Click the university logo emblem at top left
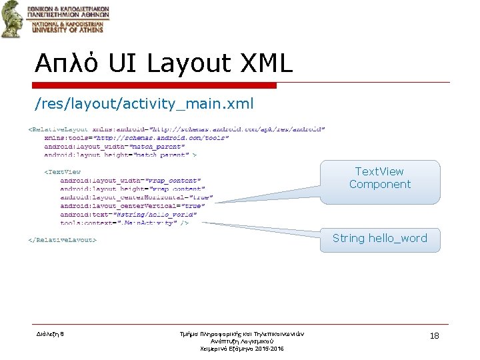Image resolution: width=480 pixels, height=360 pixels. coord(11,19)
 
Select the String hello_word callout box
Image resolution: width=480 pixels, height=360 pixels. coord(379,239)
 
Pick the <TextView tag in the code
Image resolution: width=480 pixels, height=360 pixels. coord(63,172)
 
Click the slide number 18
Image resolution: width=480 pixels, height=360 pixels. coord(434,336)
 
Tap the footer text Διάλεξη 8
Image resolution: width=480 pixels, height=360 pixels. coord(50,334)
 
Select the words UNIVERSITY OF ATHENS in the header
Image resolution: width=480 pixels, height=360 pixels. coord(65,29)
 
